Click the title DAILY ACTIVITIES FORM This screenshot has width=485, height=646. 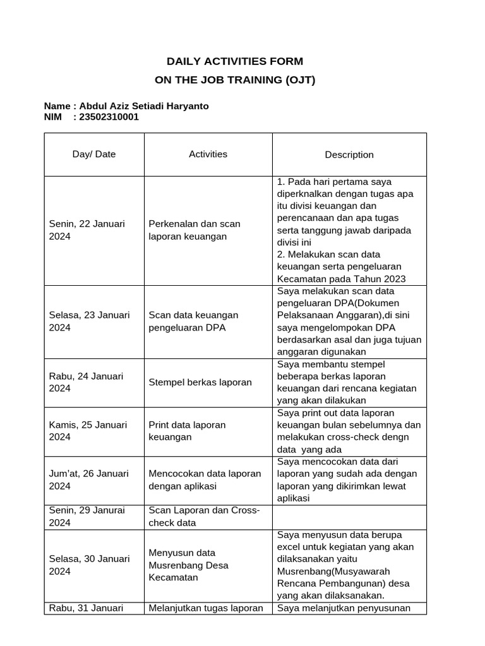(x=234, y=61)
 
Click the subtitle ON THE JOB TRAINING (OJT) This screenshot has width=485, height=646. (x=234, y=80)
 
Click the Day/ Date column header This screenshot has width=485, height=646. (x=94, y=154)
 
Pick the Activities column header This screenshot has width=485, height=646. (x=208, y=154)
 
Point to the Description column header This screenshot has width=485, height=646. (x=349, y=155)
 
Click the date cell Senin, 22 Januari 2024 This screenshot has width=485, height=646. (x=87, y=230)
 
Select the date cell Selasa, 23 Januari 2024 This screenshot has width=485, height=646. (x=89, y=321)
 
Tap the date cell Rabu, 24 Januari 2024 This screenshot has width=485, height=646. (x=86, y=382)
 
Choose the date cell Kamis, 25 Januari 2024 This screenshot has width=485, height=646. (x=88, y=430)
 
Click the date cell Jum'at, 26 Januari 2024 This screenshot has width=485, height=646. (x=88, y=479)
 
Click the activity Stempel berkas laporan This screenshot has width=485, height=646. (x=200, y=382)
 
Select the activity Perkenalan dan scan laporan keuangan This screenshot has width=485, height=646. (x=195, y=230)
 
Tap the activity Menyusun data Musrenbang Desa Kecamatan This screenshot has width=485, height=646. (x=188, y=565)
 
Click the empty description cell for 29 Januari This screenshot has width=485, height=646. (x=349, y=516)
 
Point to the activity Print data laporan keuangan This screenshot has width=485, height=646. (x=187, y=430)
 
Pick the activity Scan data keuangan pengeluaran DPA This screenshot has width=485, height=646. (x=193, y=321)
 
